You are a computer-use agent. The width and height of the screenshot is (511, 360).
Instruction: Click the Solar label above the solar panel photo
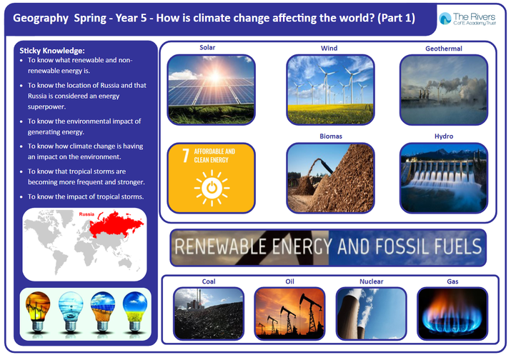tap(207, 48)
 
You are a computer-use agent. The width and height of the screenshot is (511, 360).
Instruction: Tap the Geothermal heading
tap(444, 49)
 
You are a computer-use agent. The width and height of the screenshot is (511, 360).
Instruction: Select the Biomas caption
tap(331, 136)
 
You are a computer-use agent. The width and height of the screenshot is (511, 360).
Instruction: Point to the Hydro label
tap(444, 136)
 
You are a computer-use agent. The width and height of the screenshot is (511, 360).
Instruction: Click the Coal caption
tap(209, 281)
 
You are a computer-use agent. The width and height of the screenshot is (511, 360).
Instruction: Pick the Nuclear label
tap(371, 281)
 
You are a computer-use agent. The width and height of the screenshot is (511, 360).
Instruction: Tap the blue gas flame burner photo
tap(452, 314)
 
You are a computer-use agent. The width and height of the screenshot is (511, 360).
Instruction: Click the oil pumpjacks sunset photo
tap(289, 314)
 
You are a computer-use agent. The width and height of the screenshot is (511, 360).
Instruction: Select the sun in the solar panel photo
tap(215, 76)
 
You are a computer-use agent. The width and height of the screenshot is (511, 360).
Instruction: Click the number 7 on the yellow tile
tap(185, 156)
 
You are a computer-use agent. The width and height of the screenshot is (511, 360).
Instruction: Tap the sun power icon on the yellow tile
tap(212, 188)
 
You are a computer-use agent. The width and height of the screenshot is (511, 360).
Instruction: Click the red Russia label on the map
tap(86, 214)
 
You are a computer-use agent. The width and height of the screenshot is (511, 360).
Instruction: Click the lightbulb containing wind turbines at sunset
tap(38, 311)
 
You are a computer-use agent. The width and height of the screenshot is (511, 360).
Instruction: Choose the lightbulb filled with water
tap(70, 311)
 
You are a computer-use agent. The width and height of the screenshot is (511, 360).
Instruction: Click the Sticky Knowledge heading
tap(52, 51)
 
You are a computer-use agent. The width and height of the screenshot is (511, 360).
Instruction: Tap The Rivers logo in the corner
tap(467, 19)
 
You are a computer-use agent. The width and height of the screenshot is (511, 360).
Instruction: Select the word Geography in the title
tap(41, 19)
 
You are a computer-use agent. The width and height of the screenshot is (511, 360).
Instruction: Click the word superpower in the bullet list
tap(46, 107)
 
